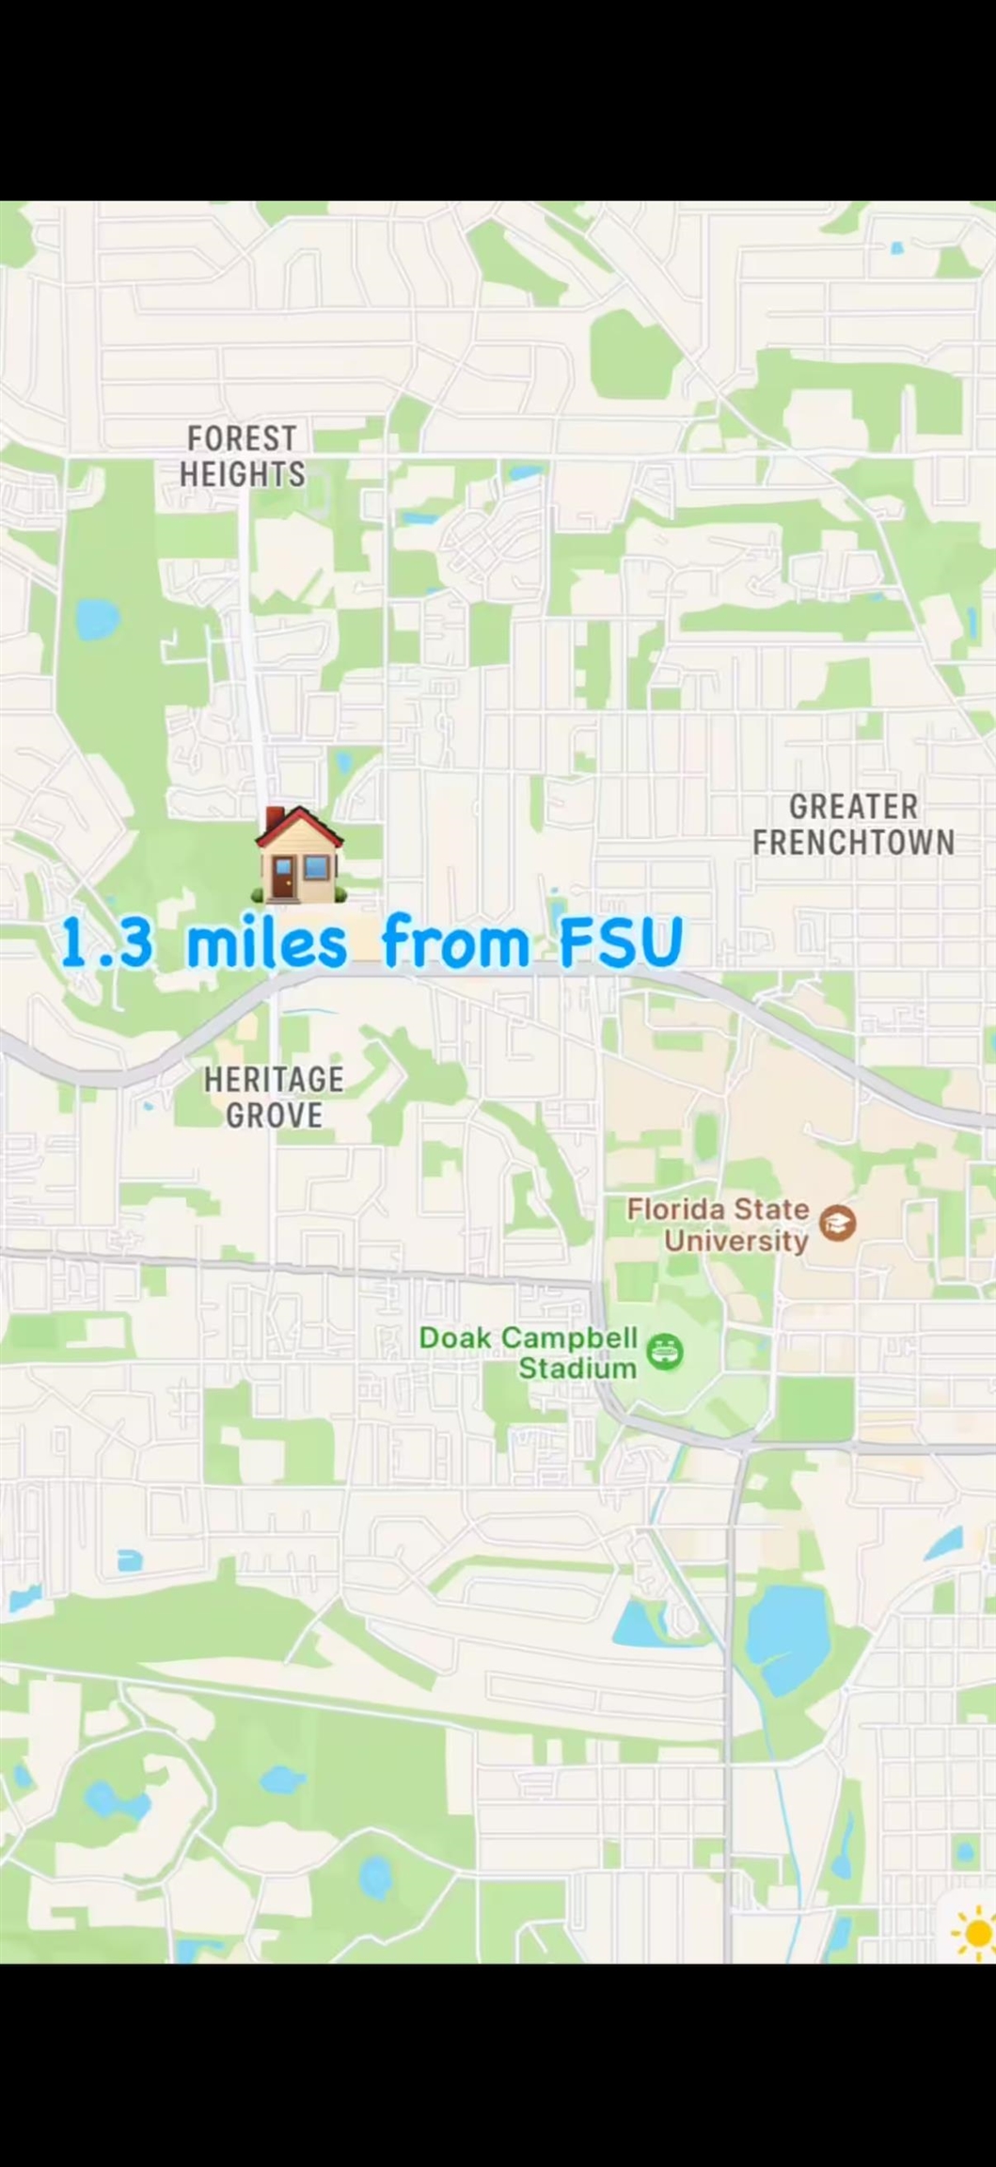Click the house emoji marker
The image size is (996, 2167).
pos(299,856)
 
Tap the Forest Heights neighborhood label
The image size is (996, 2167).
pos(243,456)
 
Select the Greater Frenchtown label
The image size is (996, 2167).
pos(853,824)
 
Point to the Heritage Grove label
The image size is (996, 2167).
pos(274,1097)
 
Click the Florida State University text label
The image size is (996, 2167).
pos(719,1224)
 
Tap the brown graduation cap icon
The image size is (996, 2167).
pos(838,1223)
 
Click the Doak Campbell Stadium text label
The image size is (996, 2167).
pos(530,1352)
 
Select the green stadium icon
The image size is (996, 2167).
pos(666,1352)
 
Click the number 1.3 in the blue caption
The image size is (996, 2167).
pos(106,943)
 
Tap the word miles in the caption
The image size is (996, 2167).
pos(266,942)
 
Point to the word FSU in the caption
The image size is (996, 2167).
pos(620,942)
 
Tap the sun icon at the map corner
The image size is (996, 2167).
pos(975,1934)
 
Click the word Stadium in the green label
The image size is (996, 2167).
pos(577,1368)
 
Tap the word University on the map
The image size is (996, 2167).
pos(736,1241)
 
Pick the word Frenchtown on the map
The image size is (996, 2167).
pos(853,842)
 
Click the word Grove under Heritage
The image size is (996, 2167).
pos(274,1115)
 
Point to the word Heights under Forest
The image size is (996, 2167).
pos(243,474)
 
